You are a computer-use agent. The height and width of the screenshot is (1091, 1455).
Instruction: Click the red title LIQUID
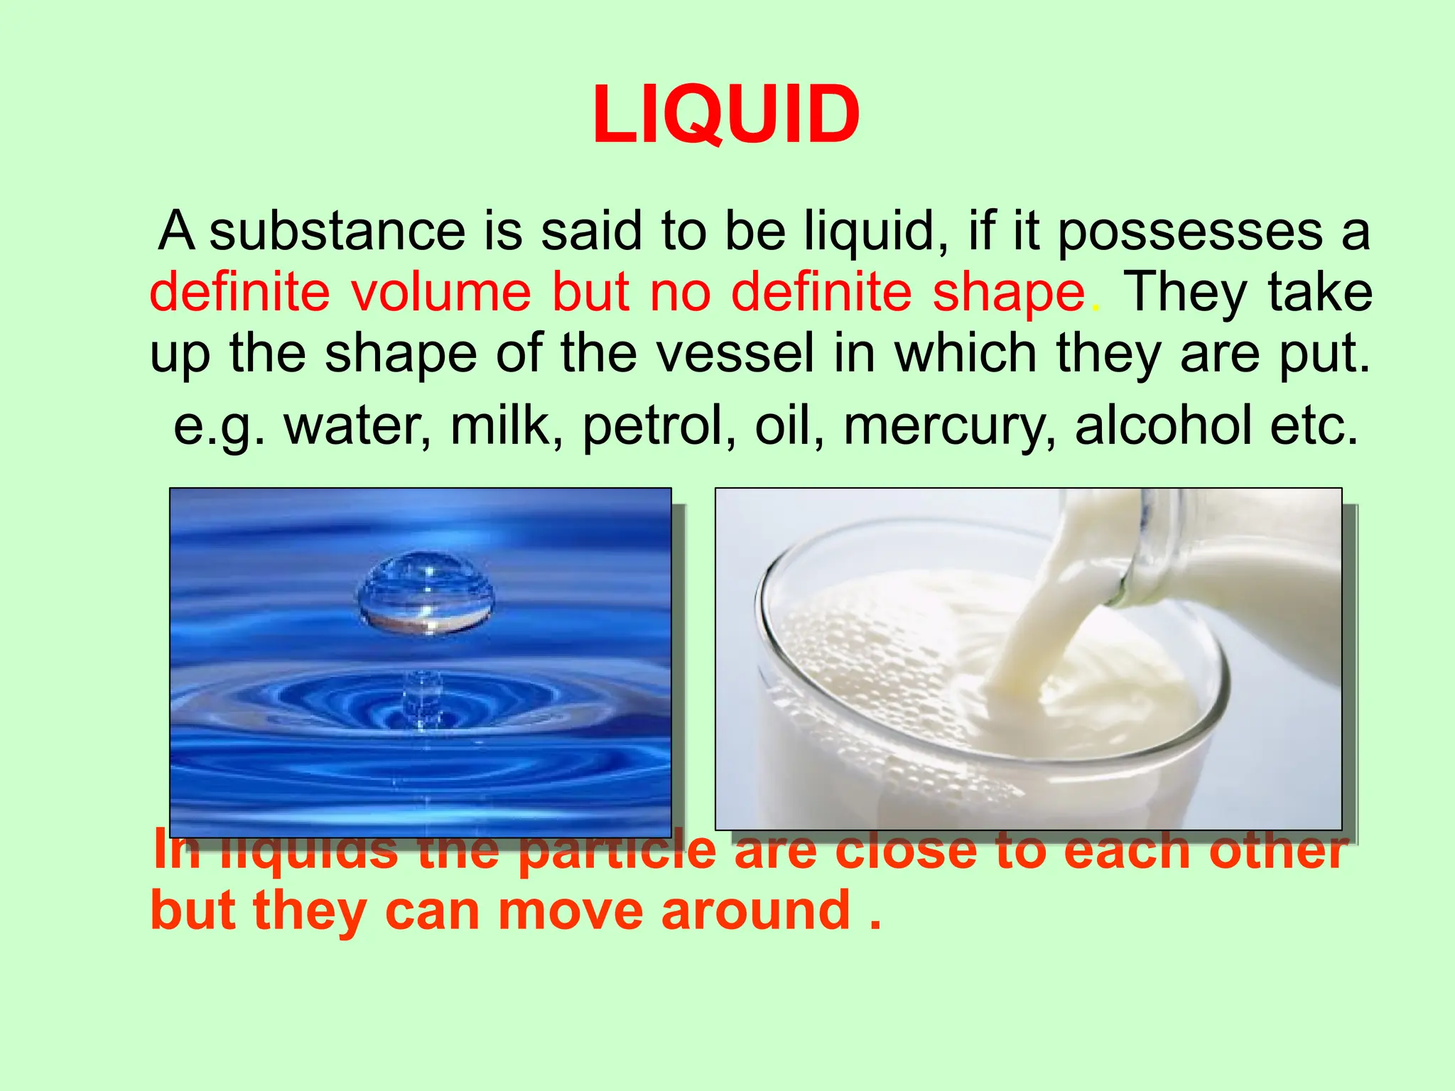coord(726,115)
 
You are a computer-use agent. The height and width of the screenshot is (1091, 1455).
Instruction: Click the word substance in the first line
coord(337,231)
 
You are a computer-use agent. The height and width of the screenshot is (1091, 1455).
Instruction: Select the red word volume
coord(440,292)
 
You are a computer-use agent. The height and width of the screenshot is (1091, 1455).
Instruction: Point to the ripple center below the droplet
coord(423,700)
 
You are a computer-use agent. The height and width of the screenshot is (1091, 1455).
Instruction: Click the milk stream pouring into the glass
coord(1044,625)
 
